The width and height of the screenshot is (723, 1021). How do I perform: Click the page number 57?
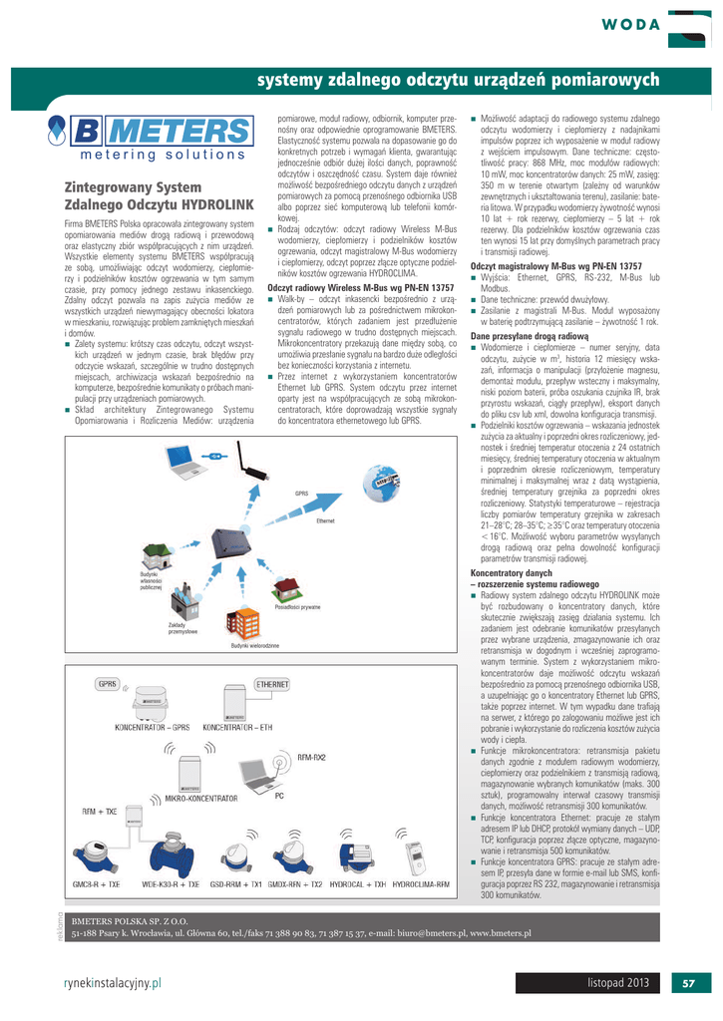(x=687, y=983)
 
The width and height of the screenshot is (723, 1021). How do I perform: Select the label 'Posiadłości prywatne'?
(x=297, y=606)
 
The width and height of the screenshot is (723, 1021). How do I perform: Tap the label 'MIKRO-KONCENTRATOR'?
(x=200, y=799)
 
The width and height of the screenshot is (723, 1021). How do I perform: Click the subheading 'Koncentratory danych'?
(x=511, y=573)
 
